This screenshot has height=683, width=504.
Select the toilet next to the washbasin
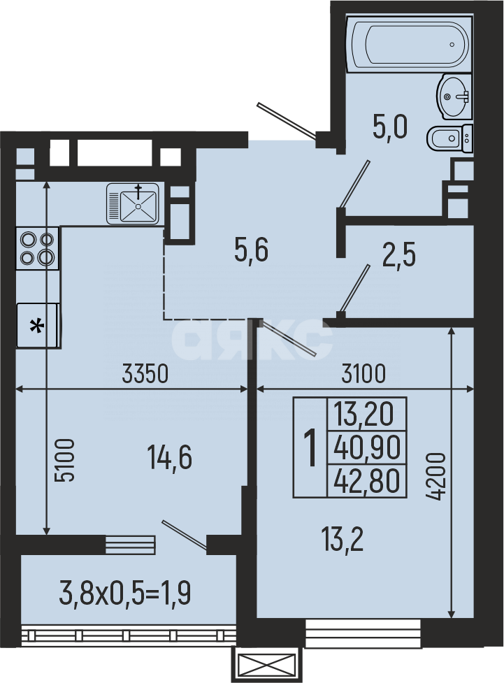pyautogui.click(x=448, y=138)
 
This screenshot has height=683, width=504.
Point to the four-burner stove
pyautogui.click(x=38, y=248)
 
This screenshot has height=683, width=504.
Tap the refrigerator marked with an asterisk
pyautogui.click(x=38, y=325)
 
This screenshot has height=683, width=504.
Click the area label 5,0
pyautogui.click(x=389, y=130)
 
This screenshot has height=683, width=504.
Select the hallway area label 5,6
pyautogui.click(x=251, y=250)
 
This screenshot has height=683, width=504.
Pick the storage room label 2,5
pyautogui.click(x=399, y=255)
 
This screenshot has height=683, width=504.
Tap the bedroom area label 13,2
pyautogui.click(x=343, y=538)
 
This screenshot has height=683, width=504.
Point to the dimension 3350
pyautogui.click(x=145, y=375)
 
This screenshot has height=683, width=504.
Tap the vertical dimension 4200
pyautogui.click(x=436, y=476)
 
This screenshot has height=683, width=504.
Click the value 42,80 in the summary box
pyautogui.click(x=367, y=481)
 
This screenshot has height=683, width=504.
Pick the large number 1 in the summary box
pyautogui.click(x=310, y=447)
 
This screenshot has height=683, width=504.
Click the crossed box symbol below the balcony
pyautogui.click(x=268, y=664)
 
